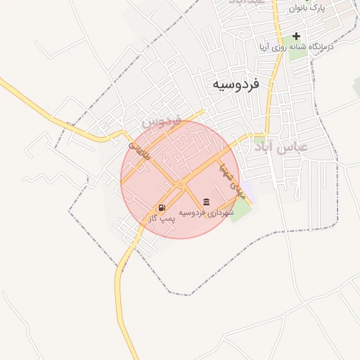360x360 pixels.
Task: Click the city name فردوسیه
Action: [236, 84]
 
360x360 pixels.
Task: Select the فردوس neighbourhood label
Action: [162, 121]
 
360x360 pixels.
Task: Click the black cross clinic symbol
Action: [296, 36]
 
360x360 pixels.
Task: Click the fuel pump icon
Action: [162, 207]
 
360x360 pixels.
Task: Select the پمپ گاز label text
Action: [162, 219]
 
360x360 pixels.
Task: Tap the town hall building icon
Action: [205, 201]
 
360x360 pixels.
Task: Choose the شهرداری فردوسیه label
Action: [205, 212]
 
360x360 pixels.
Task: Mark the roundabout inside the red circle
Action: [181, 184]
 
